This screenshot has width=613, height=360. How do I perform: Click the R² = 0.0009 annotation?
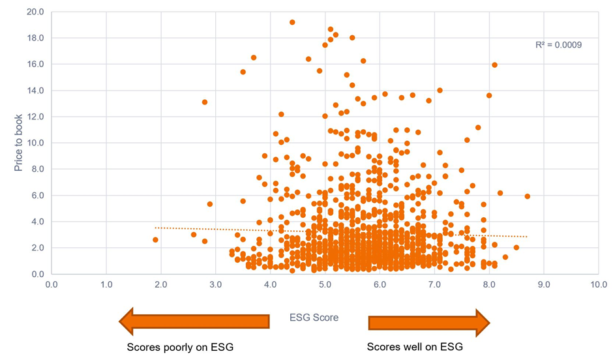(x=558, y=45)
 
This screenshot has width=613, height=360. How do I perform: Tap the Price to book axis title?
(x=19, y=142)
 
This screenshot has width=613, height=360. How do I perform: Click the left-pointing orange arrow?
(x=194, y=321)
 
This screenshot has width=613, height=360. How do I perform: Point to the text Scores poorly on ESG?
(x=180, y=347)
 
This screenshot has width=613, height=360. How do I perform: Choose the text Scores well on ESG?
(x=415, y=347)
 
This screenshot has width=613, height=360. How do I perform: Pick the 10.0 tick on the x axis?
(x=599, y=284)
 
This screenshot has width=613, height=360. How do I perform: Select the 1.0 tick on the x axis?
(x=106, y=284)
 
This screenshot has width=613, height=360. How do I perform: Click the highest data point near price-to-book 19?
(x=292, y=22)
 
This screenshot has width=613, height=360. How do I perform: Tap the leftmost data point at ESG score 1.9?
(x=155, y=240)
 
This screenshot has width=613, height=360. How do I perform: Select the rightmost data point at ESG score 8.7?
(x=528, y=196)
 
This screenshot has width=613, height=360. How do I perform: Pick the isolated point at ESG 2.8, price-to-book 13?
(x=205, y=102)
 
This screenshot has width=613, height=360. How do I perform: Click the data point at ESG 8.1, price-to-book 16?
(x=495, y=65)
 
